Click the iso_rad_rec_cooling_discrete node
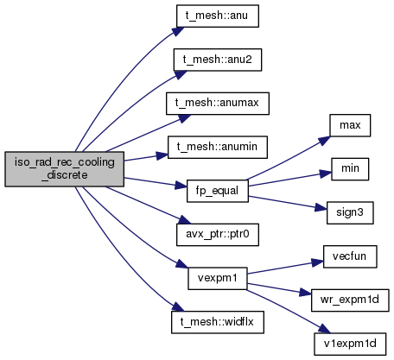click(x=65, y=169)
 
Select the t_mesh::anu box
click(x=218, y=16)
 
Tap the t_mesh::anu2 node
click(x=218, y=60)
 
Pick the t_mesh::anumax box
click(x=218, y=104)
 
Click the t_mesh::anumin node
click(x=218, y=147)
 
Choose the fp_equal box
click(x=218, y=191)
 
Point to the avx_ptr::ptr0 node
click(x=218, y=235)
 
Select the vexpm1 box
click(x=218, y=278)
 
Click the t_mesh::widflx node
click(x=218, y=322)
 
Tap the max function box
click(x=350, y=125)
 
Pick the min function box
click(x=350, y=169)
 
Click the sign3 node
click(x=350, y=212)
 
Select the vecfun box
click(x=350, y=256)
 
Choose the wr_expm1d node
click(x=350, y=300)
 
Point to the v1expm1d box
click(x=350, y=344)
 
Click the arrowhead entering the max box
click(x=324, y=141)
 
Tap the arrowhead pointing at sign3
click(x=321, y=207)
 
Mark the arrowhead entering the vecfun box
click(x=317, y=262)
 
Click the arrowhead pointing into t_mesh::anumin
click(x=162, y=155)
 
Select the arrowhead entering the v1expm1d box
click(x=324, y=329)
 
